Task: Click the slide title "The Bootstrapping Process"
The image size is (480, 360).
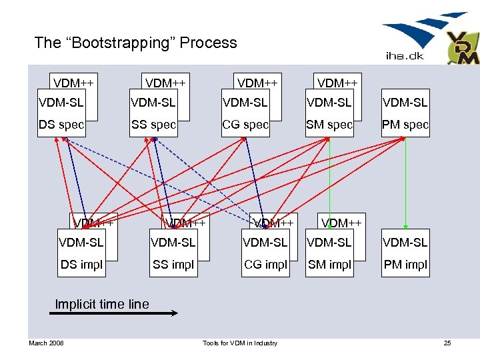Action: [x=135, y=43]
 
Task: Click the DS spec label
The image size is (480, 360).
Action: [x=61, y=125]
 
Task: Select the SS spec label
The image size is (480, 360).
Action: [x=153, y=125]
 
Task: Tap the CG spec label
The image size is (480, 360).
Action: [x=245, y=125]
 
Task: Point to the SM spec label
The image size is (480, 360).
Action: [x=329, y=125]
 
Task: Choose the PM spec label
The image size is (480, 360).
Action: [x=405, y=125]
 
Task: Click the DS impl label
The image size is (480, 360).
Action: [x=82, y=265]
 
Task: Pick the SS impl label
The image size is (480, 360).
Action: [x=173, y=265]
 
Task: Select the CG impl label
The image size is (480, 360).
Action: [x=265, y=265]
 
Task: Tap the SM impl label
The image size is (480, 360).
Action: [x=329, y=265]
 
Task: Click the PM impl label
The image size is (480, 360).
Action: [x=405, y=265]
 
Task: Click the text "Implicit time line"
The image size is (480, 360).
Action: [x=102, y=305]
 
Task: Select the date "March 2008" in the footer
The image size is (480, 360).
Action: [x=46, y=343]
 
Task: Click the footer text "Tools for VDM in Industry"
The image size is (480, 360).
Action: [x=240, y=343]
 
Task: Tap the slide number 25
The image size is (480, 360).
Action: [x=447, y=343]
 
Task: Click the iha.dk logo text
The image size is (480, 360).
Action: [x=405, y=56]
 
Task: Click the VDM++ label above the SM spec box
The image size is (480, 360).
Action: [x=337, y=83]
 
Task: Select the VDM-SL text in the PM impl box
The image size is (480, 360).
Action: [x=405, y=243]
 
